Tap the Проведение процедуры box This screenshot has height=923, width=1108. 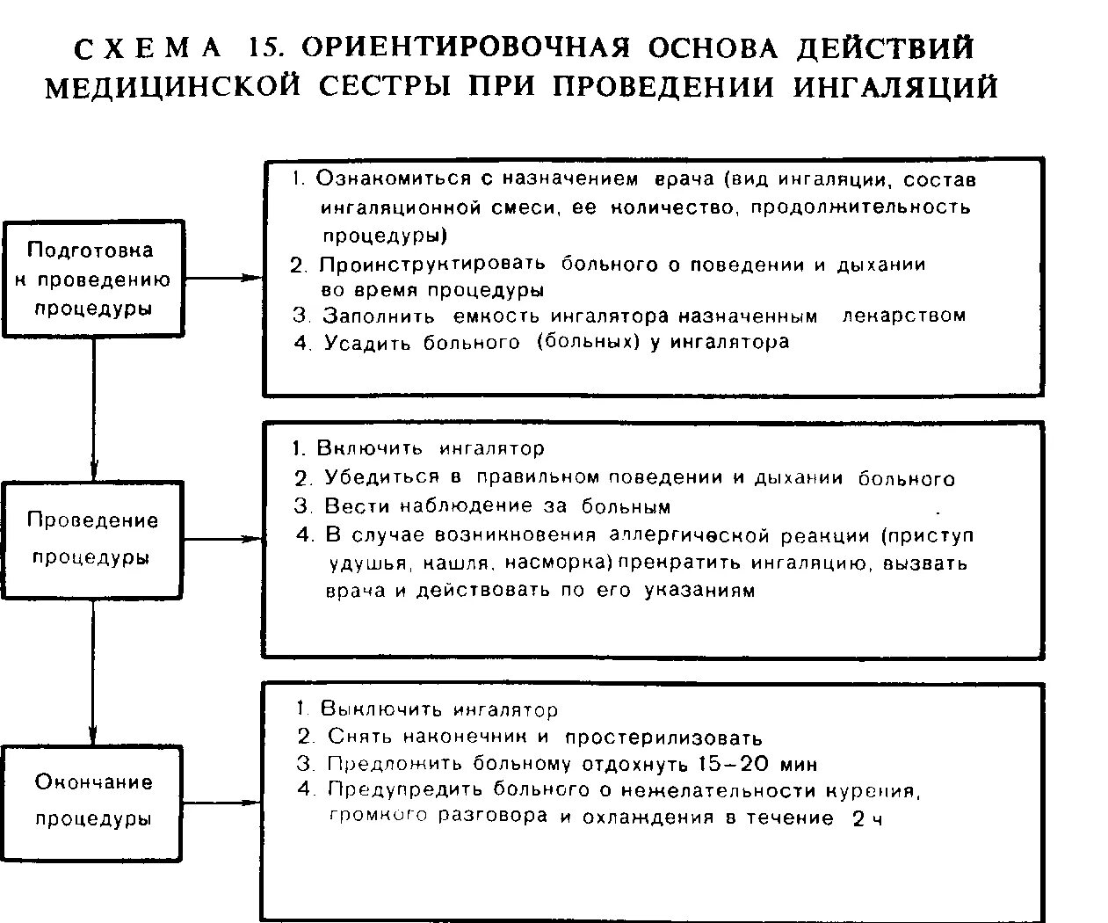tap(92, 539)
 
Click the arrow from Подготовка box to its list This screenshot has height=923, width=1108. tap(223, 278)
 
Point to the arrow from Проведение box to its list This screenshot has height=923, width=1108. tap(223, 538)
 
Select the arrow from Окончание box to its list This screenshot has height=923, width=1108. tap(223, 802)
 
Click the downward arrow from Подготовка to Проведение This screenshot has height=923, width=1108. tap(92, 409)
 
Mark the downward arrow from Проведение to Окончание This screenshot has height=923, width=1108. tap(92, 672)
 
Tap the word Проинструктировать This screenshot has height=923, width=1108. tap(432, 264)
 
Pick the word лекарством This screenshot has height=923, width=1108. tap(904, 316)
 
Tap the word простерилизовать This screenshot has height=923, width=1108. tap(663, 738)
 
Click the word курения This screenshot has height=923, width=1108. tap(872, 789)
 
